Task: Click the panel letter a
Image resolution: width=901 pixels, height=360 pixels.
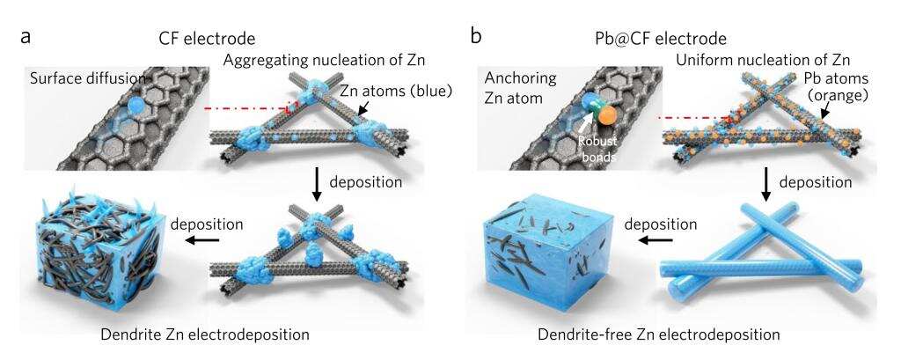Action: click(25, 37)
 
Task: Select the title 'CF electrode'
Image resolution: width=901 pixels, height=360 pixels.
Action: click(207, 39)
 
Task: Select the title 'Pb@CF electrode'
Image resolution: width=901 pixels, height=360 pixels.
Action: click(661, 39)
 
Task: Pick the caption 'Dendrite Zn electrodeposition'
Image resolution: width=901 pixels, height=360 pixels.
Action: click(204, 334)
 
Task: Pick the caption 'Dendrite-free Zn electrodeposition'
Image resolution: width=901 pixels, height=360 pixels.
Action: click(659, 334)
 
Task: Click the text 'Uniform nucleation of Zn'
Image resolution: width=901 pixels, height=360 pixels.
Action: click(763, 59)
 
